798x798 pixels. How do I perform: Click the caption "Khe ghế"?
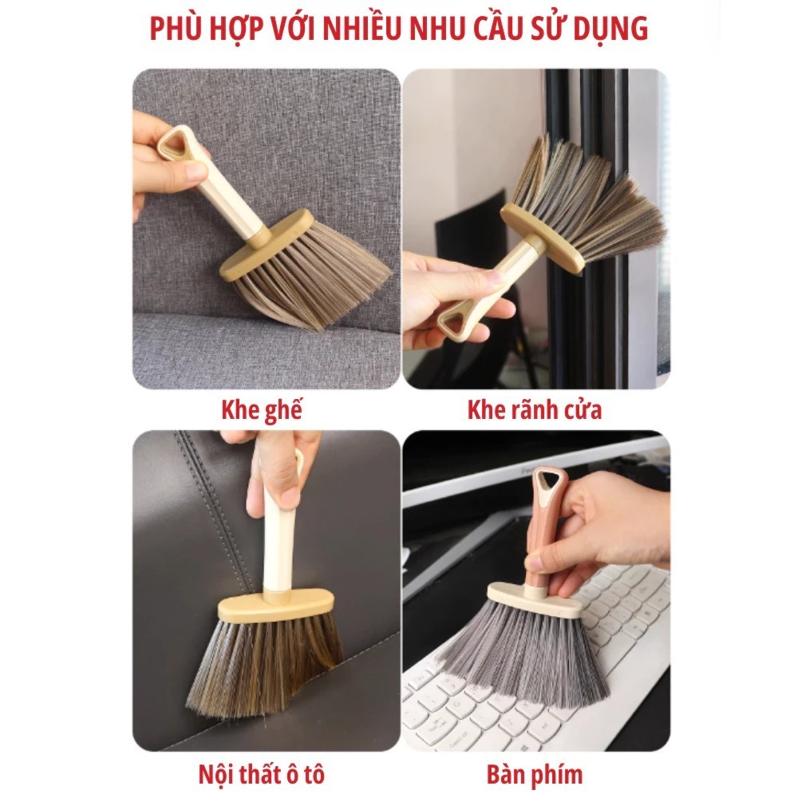click(262, 410)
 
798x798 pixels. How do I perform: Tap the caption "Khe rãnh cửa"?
click(535, 410)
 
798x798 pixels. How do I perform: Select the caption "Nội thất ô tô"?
click(262, 774)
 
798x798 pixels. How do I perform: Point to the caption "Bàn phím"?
click(535, 774)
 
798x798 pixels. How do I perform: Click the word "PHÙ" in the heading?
click(175, 29)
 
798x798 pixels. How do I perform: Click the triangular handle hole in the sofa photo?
click(172, 144)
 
